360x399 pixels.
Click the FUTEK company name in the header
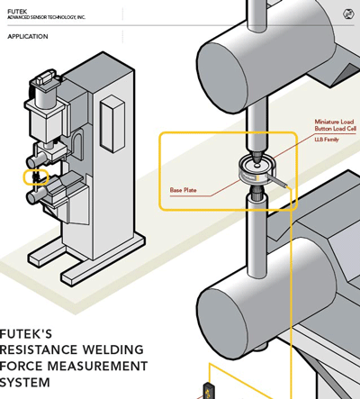17,12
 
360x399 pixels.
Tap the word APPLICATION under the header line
28,37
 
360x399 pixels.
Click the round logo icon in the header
347,14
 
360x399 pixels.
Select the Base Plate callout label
183,190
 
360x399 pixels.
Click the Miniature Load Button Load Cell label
335,125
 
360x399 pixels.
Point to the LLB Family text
327,140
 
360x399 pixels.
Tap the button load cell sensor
256,170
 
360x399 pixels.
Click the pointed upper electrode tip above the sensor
257,157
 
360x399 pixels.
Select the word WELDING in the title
112,349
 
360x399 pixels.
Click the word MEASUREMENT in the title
97,367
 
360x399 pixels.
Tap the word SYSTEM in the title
25,383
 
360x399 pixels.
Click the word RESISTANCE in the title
39,349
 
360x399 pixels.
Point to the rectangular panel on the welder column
112,123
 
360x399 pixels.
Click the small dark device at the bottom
209,391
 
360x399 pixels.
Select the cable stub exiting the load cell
277,182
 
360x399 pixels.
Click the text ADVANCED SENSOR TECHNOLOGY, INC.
46,17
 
